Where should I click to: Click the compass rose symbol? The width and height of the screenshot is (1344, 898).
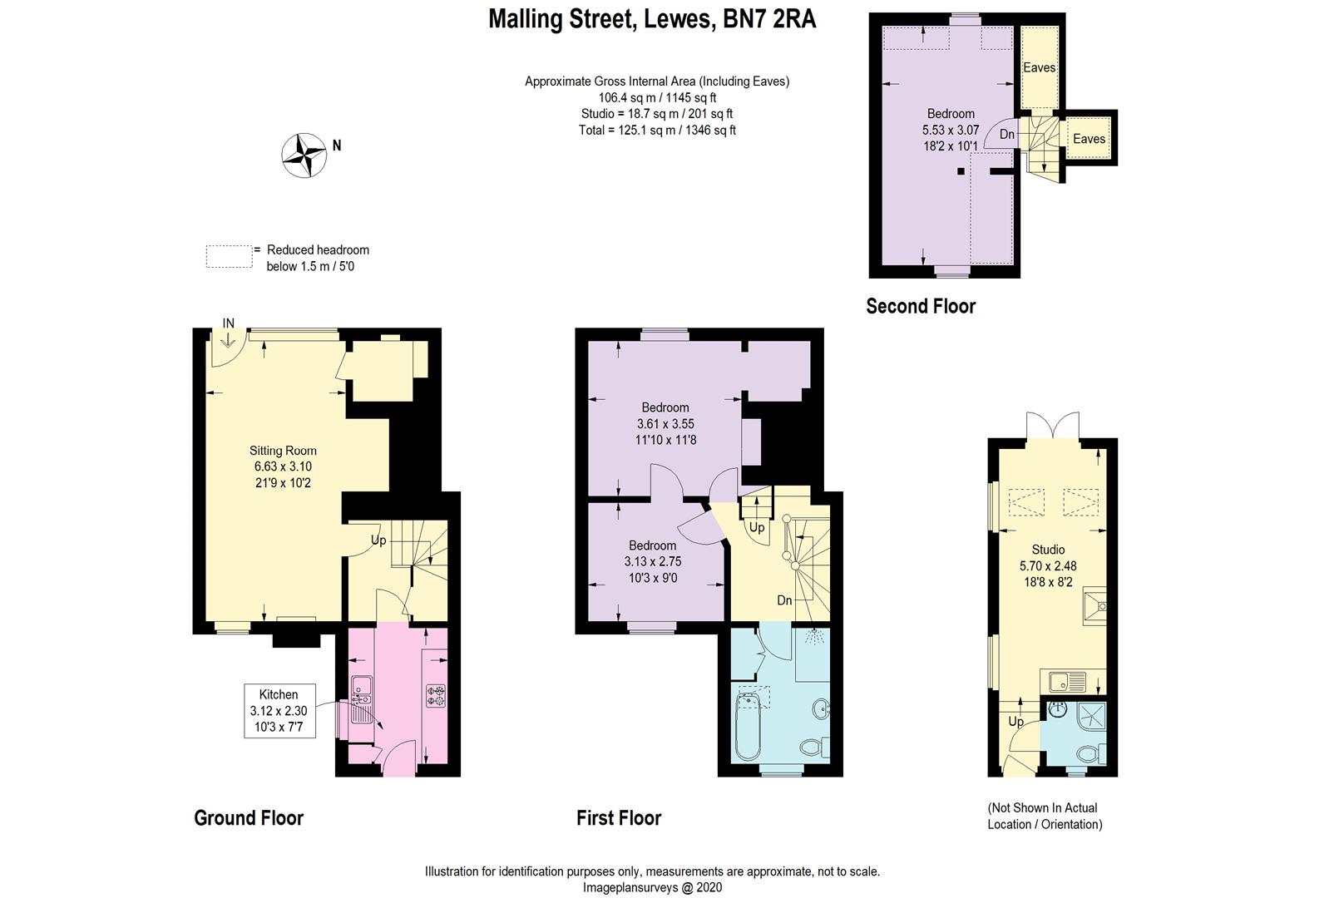click(304, 155)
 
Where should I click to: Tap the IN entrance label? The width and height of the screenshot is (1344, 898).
click(228, 323)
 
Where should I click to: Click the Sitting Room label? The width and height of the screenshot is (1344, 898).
click(283, 451)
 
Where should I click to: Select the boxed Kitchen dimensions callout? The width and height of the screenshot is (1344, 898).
click(279, 711)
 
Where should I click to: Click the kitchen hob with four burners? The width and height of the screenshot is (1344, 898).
click(436, 695)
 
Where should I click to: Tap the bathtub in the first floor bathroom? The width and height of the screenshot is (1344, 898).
click(748, 727)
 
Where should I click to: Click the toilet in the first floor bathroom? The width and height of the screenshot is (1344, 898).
click(814, 748)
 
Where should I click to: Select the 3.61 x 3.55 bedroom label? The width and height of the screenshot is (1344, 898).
click(665, 423)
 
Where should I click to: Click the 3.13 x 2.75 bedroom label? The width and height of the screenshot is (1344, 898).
click(653, 561)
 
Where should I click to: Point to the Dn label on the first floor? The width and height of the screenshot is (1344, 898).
click(784, 599)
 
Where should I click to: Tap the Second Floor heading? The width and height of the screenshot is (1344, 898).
click(921, 307)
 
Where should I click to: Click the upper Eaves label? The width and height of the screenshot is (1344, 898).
click(1040, 68)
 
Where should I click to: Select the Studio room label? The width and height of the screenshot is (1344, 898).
click(1048, 550)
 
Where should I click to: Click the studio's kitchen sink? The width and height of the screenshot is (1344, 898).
click(1067, 682)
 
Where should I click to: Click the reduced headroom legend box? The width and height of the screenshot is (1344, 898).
click(230, 257)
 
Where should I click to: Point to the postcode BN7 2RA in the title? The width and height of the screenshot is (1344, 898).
click(770, 19)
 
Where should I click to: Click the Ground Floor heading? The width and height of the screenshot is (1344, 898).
click(249, 818)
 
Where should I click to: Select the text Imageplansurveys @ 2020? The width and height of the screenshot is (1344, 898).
click(652, 887)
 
